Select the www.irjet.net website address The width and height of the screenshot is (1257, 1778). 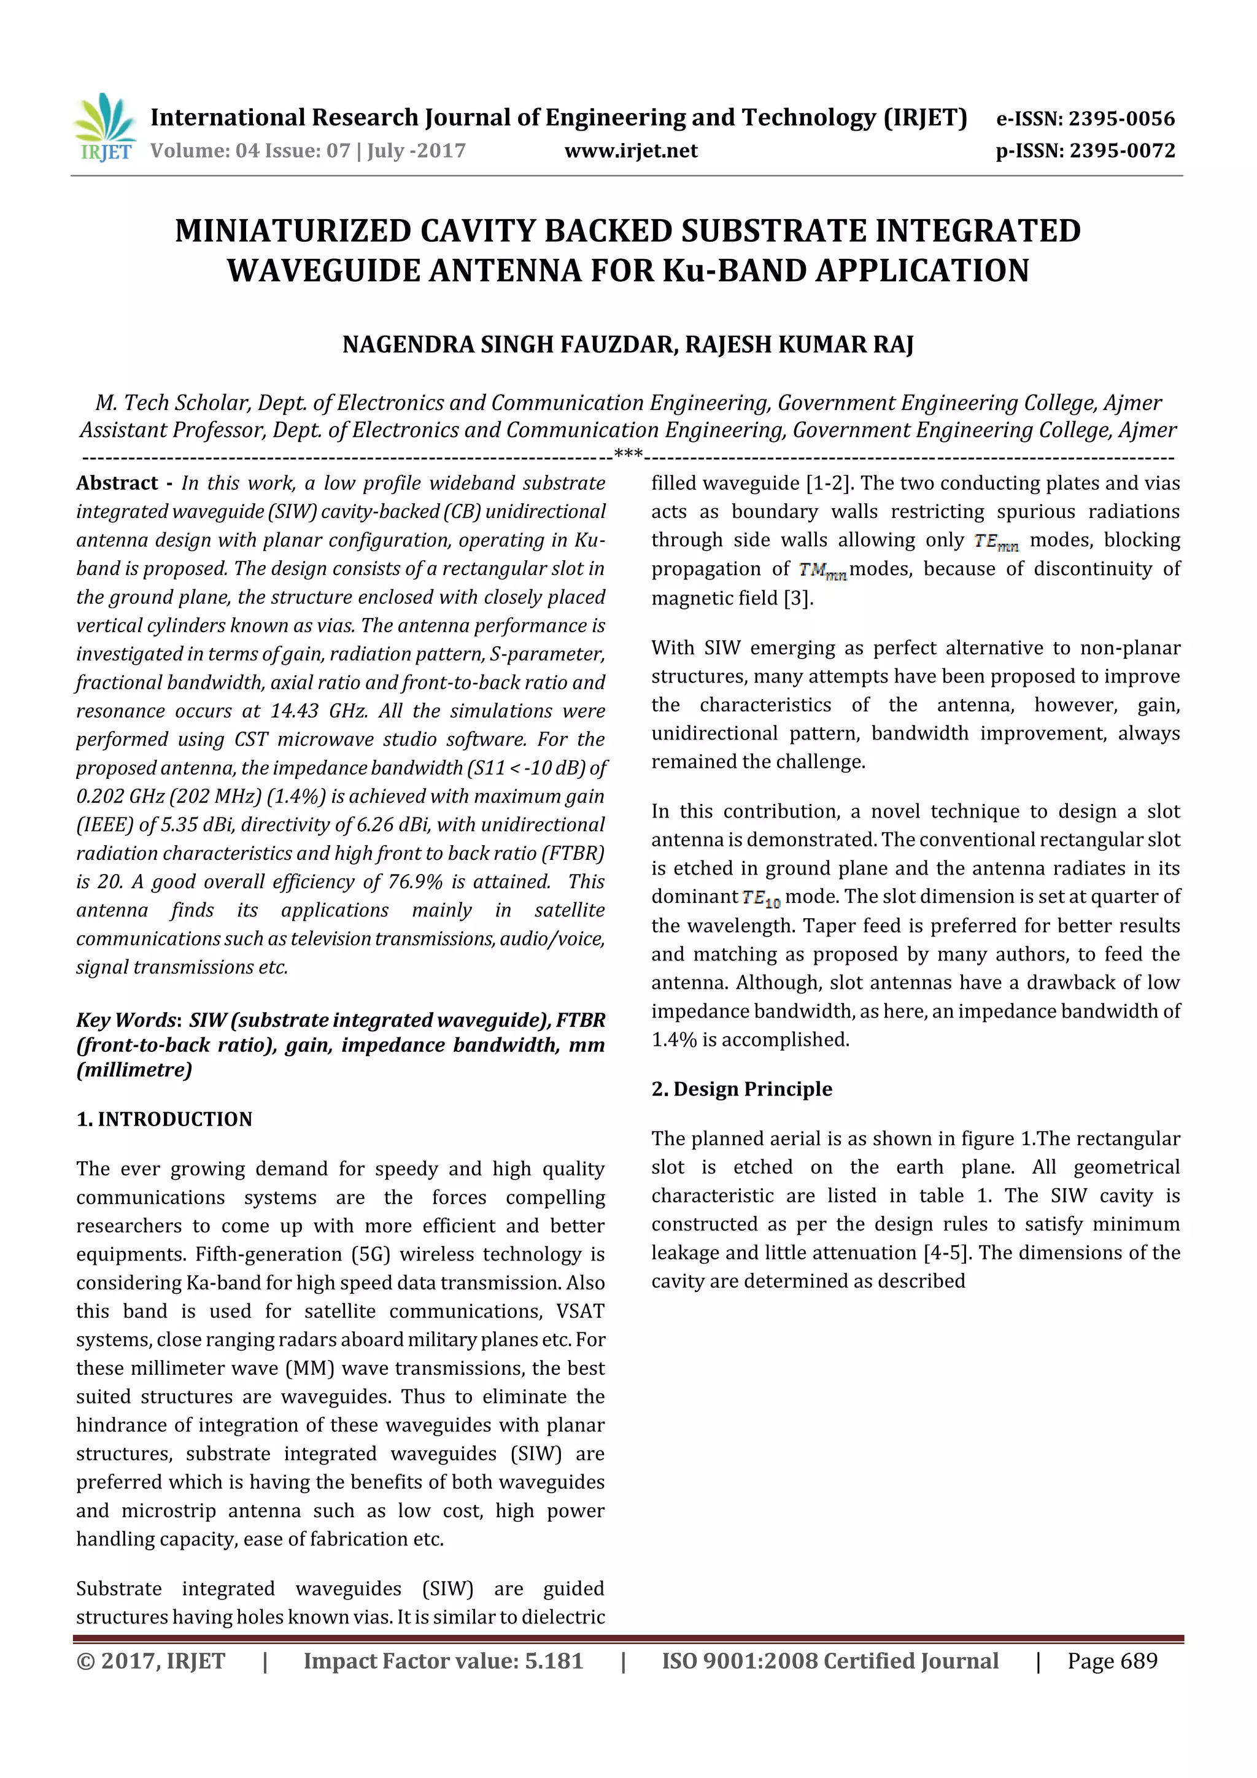pos(630,150)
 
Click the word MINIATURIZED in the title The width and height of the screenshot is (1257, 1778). pos(292,231)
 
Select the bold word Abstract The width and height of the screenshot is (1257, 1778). pos(117,483)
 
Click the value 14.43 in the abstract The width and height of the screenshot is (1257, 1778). pos(293,711)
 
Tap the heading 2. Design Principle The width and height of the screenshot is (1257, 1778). pos(741,1089)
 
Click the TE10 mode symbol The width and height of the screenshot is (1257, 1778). pos(760,899)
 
